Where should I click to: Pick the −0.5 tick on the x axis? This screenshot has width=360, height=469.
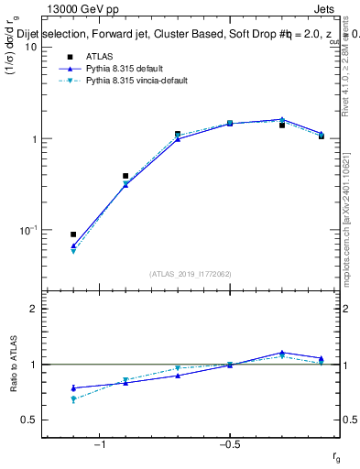point(229,446)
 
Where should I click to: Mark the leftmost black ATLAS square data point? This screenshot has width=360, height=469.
point(73,234)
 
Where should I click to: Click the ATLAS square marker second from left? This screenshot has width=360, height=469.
point(125,176)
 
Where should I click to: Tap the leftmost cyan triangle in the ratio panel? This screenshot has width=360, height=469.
point(73,399)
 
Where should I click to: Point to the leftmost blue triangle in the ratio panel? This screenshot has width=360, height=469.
point(73,388)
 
